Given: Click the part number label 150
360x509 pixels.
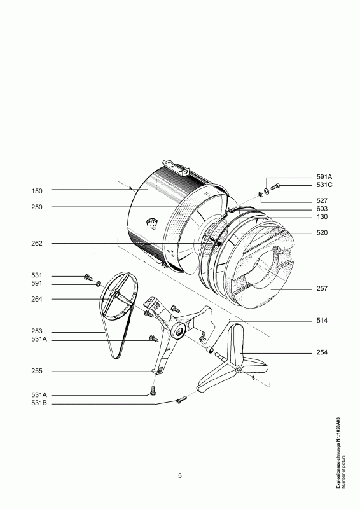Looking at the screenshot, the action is click(x=37, y=192).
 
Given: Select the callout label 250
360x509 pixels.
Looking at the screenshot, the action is click(x=37, y=207).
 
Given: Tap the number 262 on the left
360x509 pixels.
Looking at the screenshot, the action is click(x=37, y=244).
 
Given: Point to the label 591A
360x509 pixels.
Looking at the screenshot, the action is click(x=324, y=177).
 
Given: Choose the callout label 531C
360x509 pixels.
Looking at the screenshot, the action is click(x=324, y=185).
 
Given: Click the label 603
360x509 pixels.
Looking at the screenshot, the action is click(x=322, y=209).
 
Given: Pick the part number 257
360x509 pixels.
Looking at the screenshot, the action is click(x=322, y=288).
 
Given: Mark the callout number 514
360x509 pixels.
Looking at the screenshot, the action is click(x=322, y=321).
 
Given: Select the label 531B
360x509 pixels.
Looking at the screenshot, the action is click(x=39, y=404).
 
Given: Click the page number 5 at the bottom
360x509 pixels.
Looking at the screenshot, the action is click(x=180, y=476).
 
